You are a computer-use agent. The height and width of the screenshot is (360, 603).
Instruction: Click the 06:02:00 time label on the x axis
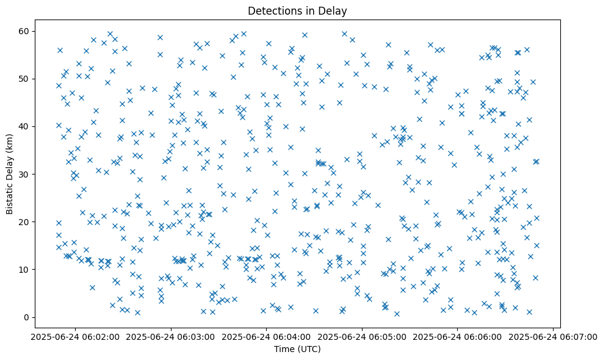click(x=76, y=336)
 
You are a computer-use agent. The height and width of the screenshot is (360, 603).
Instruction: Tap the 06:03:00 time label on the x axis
click(x=171, y=336)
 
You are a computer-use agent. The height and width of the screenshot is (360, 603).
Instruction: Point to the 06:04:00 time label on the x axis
click(x=266, y=336)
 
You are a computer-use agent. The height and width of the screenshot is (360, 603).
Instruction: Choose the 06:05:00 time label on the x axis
click(x=362, y=336)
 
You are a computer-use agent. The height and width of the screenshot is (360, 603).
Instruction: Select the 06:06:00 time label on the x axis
click(x=457, y=336)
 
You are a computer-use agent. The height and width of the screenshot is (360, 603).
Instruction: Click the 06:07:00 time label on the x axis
click(x=553, y=336)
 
